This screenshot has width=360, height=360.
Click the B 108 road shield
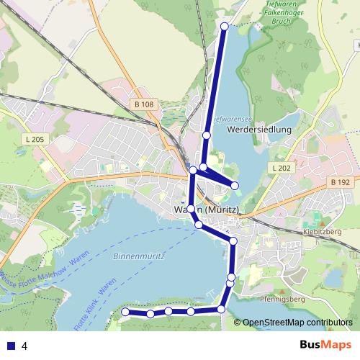tap(144, 105)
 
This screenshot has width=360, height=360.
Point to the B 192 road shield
tap(341, 183)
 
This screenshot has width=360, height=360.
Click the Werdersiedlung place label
tap(258, 130)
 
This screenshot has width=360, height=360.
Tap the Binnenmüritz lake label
tap(140, 256)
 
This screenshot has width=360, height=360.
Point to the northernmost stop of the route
tap(224, 26)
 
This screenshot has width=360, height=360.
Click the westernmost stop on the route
tap(125, 312)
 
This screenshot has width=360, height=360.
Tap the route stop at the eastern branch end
tap(235, 186)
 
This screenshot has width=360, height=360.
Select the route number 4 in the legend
tap(24, 346)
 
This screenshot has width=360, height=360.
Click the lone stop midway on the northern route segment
tap(207, 135)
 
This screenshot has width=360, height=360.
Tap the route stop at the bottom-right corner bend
tap(221, 310)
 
